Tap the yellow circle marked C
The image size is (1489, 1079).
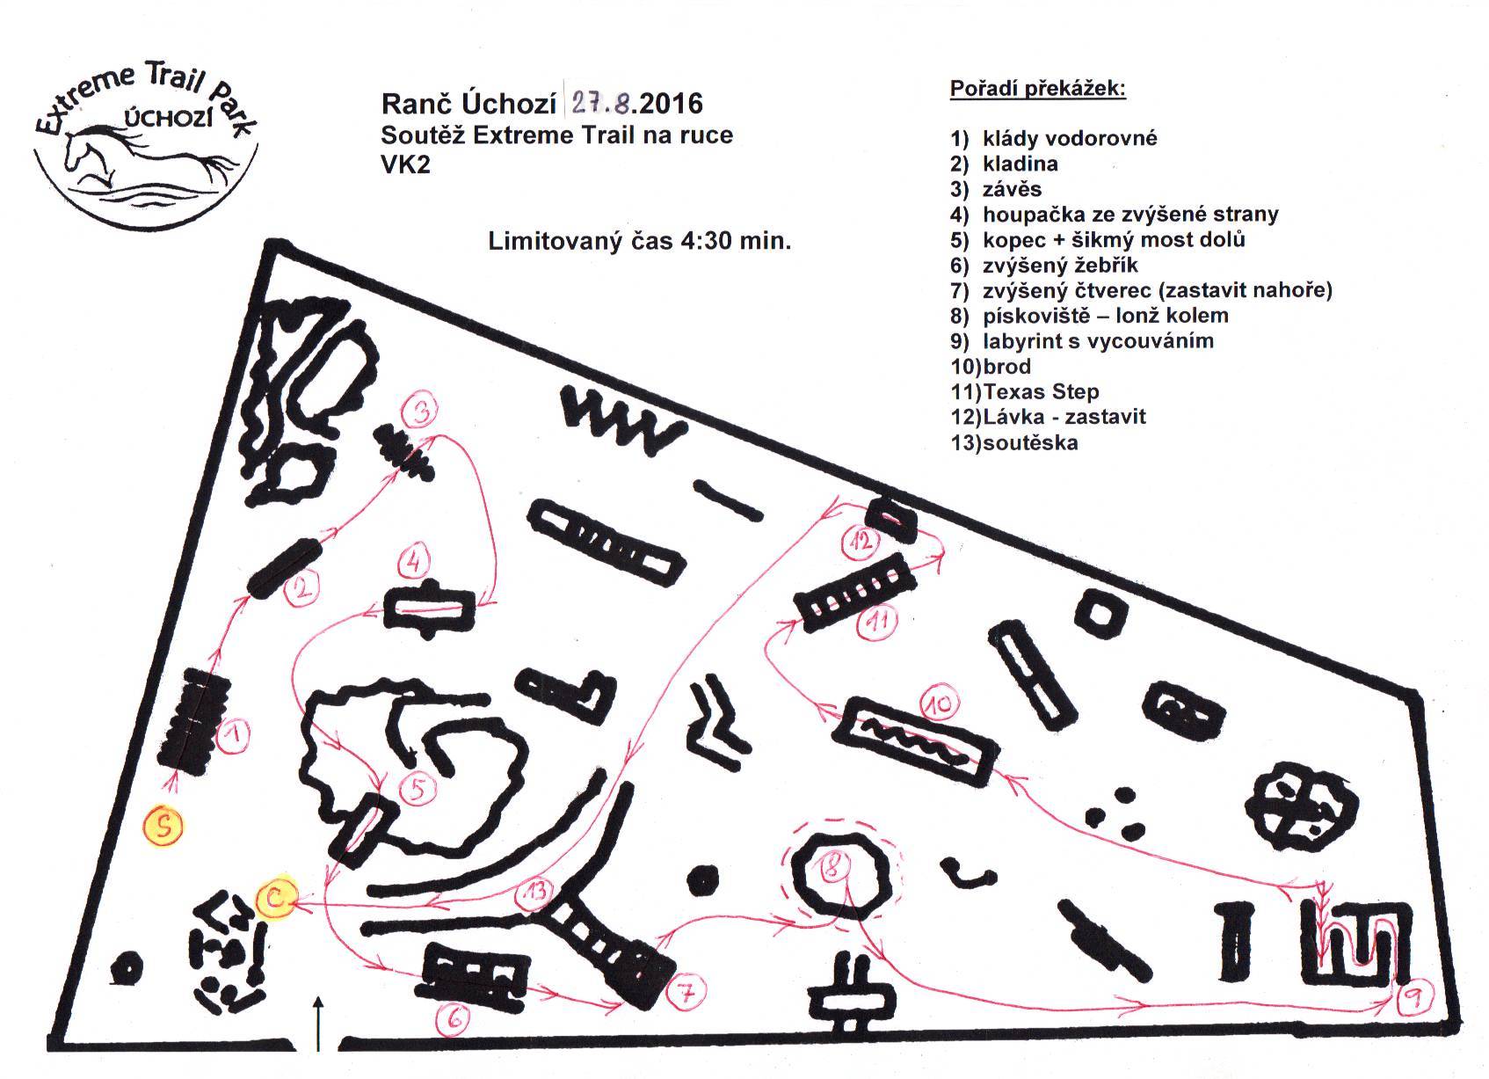[x=276, y=897]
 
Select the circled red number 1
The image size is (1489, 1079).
[x=233, y=737]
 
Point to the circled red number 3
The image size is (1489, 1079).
[x=422, y=410]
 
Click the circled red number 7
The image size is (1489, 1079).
[x=686, y=993]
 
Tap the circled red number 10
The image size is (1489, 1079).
[x=940, y=704]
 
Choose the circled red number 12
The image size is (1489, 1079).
[x=860, y=541]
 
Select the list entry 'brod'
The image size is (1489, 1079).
[x=1006, y=366]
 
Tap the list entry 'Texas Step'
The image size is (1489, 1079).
[x=1041, y=391]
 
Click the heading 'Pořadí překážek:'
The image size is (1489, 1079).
[x=1037, y=89]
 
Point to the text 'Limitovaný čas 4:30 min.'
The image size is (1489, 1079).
[x=640, y=241]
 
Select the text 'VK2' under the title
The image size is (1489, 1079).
[x=406, y=164]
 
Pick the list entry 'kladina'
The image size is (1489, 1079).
[x=1020, y=164]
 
